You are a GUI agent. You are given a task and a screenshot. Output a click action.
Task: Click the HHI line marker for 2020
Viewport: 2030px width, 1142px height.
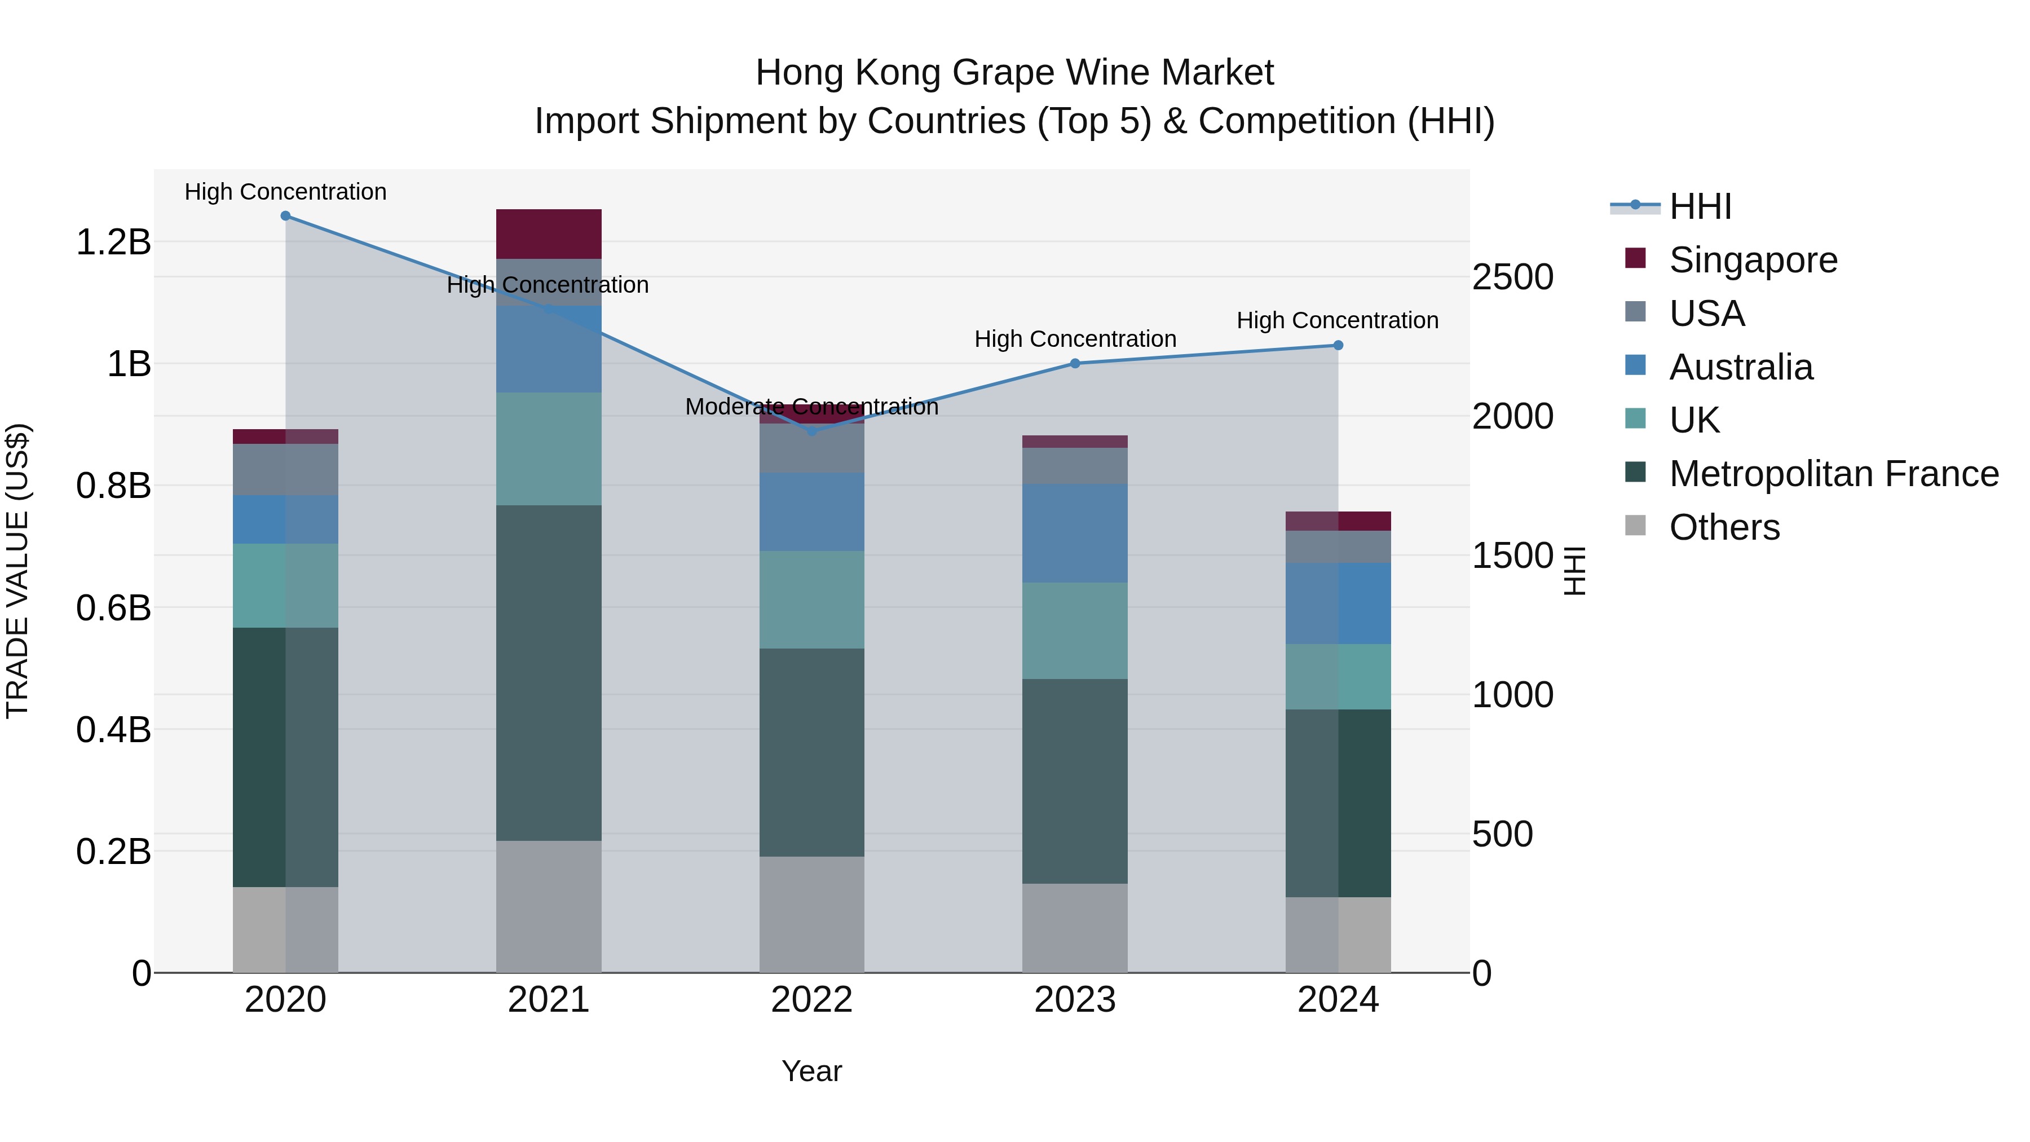point(285,216)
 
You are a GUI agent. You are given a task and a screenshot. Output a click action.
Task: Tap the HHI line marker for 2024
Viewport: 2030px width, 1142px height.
point(1338,345)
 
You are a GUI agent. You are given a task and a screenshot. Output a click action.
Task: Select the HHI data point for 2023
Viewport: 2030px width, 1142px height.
point(1075,363)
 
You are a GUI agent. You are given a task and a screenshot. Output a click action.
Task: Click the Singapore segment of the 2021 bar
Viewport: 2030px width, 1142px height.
point(549,234)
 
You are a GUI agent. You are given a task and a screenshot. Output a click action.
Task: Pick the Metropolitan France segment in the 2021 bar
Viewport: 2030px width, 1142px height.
point(549,672)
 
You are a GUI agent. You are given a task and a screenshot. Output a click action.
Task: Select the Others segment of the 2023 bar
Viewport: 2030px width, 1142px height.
point(1075,928)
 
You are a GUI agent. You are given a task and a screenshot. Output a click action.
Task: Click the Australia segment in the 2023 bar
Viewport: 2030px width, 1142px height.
point(1075,533)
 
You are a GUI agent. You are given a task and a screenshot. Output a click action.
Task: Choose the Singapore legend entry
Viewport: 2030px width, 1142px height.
point(1753,260)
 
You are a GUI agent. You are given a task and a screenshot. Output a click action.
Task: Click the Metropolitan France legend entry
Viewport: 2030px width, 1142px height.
point(1833,474)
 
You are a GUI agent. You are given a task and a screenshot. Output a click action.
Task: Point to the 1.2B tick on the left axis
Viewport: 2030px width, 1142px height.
point(113,242)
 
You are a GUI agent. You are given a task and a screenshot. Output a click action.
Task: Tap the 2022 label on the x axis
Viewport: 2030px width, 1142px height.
point(811,1000)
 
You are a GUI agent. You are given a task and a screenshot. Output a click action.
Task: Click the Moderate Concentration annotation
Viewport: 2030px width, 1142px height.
point(811,407)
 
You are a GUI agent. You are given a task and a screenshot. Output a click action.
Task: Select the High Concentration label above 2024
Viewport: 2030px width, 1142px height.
point(1338,321)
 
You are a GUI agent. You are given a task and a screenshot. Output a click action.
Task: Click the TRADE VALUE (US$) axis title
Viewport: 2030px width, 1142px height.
point(17,571)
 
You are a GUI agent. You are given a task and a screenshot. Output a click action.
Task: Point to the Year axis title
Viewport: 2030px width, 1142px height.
point(811,1071)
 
